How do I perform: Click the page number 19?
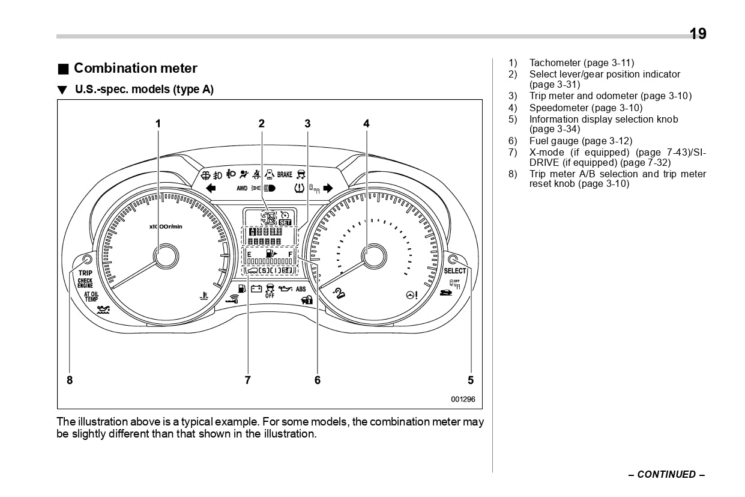(698, 34)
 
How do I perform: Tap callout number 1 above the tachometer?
(158, 124)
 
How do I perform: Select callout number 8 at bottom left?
(70, 380)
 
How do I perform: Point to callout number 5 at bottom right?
(471, 380)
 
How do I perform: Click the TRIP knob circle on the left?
(87, 260)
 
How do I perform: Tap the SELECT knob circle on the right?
(453, 260)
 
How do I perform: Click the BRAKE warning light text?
(285, 175)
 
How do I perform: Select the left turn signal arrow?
(211, 188)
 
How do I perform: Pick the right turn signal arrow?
(328, 188)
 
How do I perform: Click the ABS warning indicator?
(301, 289)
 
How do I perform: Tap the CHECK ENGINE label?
(85, 283)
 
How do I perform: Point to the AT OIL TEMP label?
(91, 296)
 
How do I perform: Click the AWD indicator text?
(242, 189)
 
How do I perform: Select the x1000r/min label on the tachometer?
(166, 226)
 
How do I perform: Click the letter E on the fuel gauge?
(249, 255)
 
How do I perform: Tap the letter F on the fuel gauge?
(290, 255)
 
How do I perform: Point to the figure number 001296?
(463, 399)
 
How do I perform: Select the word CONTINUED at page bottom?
(666, 474)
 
